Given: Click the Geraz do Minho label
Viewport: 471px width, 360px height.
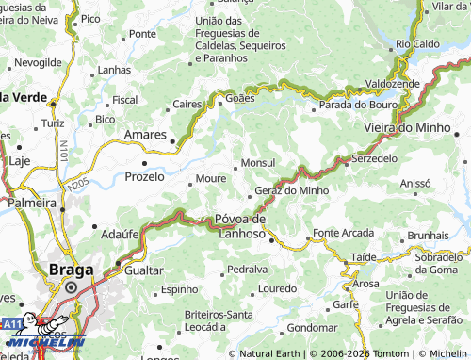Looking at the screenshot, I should [x=292, y=189].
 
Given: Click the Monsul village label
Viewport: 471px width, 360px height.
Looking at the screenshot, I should [x=258, y=163].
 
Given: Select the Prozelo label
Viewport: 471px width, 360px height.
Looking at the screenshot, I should [x=144, y=175].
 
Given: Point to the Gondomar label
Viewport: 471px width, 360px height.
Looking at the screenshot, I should [x=311, y=327].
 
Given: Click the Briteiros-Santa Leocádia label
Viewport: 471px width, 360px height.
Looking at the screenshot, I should [x=218, y=319].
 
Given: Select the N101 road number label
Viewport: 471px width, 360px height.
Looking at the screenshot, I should [x=61, y=148].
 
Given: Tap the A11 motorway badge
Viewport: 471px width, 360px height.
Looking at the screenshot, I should [x=11, y=323].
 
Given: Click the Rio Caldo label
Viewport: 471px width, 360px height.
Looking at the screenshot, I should [x=416, y=43].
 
